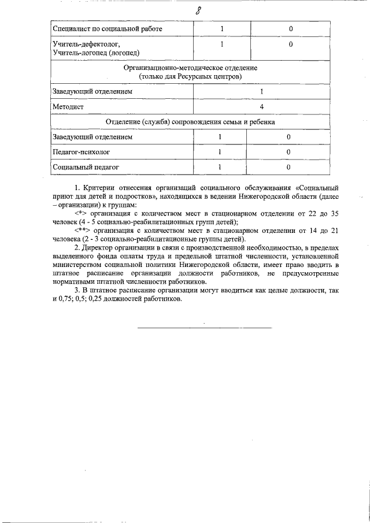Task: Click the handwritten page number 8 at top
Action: [x=198, y=11]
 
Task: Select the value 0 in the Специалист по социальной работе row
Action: [x=290, y=28]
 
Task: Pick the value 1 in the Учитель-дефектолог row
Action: [x=221, y=44]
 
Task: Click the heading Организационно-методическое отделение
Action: [x=190, y=68]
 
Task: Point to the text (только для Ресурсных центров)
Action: [x=190, y=76]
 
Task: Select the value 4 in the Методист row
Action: [x=261, y=107]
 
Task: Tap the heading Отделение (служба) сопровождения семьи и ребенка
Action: [x=190, y=122]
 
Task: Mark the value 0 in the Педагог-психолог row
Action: [x=288, y=152]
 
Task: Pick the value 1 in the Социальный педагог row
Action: [x=220, y=167]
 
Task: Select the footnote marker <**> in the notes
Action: [x=85, y=230]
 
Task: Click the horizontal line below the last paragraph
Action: [x=203, y=328]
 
